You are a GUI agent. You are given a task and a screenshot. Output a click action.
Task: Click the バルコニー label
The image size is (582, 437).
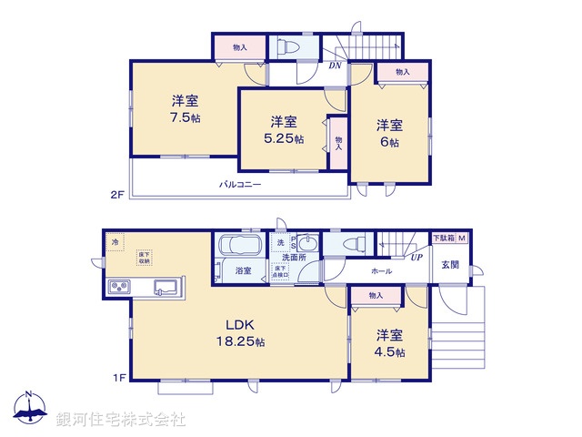click(240, 184)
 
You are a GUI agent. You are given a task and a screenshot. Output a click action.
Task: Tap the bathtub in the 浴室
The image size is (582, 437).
click(239, 247)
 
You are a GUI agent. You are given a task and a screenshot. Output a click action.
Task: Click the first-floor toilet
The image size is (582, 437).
click(356, 244)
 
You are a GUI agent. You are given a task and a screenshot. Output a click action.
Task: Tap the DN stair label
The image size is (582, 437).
click(334, 66)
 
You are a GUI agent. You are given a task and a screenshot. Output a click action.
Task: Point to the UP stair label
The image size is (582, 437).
click(416, 258)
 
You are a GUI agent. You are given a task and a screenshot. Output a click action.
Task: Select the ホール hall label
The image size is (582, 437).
click(381, 271)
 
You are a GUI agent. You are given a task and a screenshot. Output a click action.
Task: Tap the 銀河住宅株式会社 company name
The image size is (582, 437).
click(120, 419)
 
